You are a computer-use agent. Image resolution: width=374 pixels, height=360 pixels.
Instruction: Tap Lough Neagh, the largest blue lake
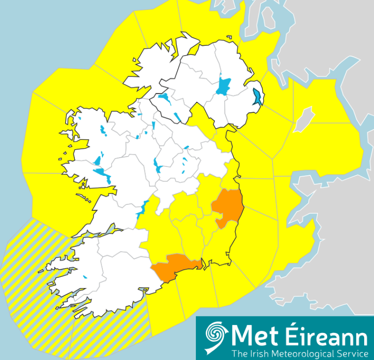(224, 86)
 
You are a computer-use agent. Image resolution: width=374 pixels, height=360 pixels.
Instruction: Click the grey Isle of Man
(304, 120)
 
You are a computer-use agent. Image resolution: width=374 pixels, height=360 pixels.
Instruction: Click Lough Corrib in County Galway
(103, 175)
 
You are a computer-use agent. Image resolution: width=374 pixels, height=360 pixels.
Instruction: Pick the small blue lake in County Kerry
(85, 277)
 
